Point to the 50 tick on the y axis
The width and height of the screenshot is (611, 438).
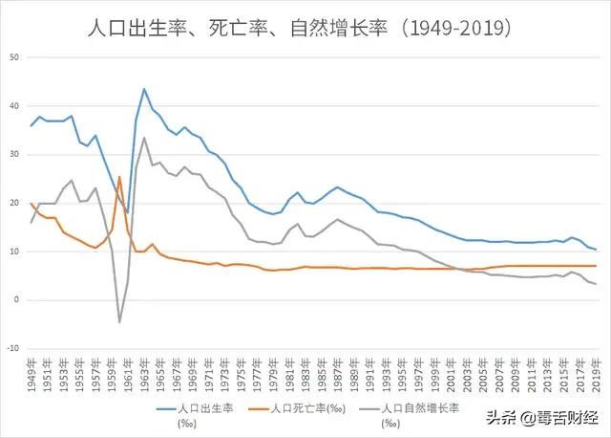pyautogui.click(x=14, y=57)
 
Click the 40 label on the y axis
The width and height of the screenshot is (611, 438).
pyautogui.click(x=14, y=106)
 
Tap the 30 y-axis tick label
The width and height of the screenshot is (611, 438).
pyautogui.click(x=14, y=155)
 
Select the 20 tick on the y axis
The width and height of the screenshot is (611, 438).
pyautogui.click(x=14, y=203)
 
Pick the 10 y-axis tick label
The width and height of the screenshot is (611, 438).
pyautogui.click(x=14, y=252)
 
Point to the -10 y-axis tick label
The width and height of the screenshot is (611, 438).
pyautogui.click(x=12, y=348)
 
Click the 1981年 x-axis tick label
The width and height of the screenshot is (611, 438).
pyautogui.click(x=288, y=372)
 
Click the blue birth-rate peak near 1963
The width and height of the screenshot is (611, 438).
pyautogui.click(x=144, y=89)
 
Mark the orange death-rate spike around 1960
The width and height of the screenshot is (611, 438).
pyautogui.click(x=119, y=177)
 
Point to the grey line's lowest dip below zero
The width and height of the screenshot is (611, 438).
pyautogui.click(x=119, y=321)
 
